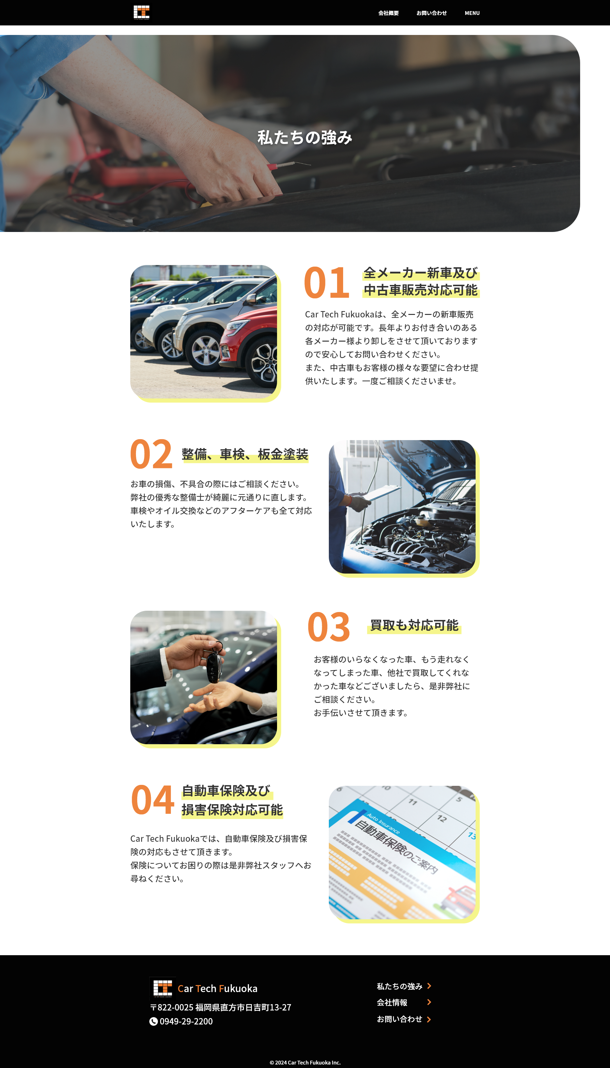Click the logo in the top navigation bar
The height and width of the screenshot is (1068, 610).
pyautogui.click(x=142, y=13)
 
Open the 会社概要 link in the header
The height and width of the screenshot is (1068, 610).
pyautogui.click(x=388, y=13)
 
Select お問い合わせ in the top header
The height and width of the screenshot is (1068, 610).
pyautogui.click(x=431, y=13)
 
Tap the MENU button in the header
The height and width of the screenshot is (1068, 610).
pyautogui.click(x=472, y=13)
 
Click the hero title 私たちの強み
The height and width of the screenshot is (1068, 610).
pyautogui.click(x=305, y=137)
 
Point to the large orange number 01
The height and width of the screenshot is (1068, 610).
pyautogui.click(x=327, y=283)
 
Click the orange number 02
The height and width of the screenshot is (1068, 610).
pyautogui.click(x=151, y=454)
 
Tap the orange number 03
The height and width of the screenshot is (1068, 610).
pyautogui.click(x=329, y=627)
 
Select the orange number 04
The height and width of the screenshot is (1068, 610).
pyautogui.click(x=152, y=800)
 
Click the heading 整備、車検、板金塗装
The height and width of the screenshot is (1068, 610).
pyautogui.click(x=245, y=454)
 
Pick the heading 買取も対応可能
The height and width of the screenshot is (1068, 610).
pyautogui.click(x=414, y=625)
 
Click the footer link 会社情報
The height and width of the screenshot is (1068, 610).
pyautogui.click(x=392, y=1002)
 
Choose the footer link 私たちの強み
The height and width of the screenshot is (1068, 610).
pyautogui.click(x=399, y=986)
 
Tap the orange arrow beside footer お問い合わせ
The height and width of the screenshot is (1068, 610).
pyautogui.click(x=429, y=1019)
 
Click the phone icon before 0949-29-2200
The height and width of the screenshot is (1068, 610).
pyautogui.click(x=154, y=1022)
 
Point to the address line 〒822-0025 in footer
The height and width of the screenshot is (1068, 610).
pyautogui.click(x=221, y=1007)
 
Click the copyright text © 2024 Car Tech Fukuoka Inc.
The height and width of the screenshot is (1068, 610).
pyautogui.click(x=305, y=1063)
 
